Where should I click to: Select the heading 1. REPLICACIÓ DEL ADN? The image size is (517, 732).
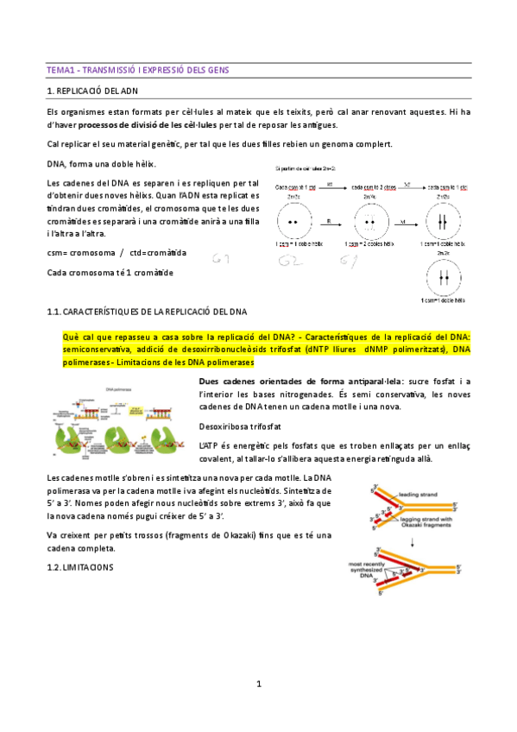pyautogui.click(x=91, y=90)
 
